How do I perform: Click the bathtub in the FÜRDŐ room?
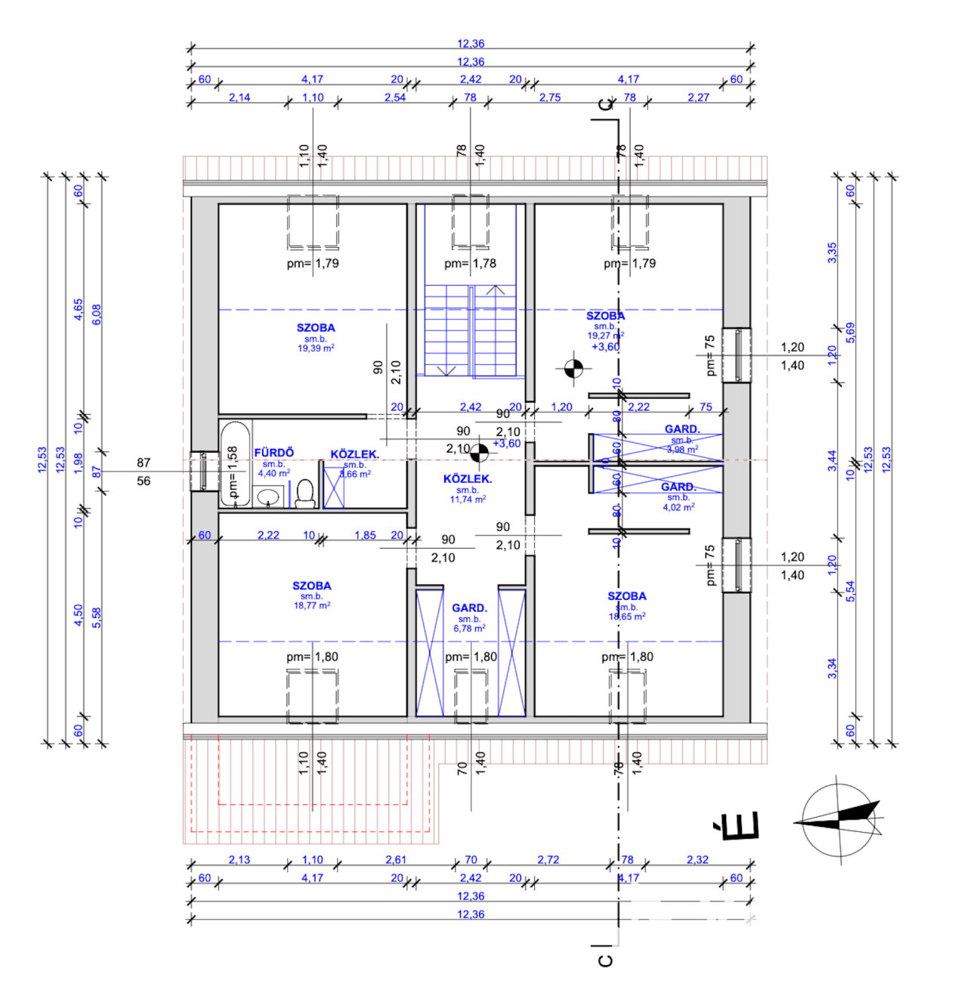(x=235, y=462)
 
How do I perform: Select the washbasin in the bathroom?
(x=268, y=497)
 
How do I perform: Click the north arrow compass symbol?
(x=838, y=819)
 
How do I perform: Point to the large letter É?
(x=737, y=826)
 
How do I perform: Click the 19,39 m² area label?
(x=316, y=348)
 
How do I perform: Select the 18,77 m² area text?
(x=312, y=606)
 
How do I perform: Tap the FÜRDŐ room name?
(x=274, y=453)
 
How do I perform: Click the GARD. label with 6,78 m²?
(x=469, y=608)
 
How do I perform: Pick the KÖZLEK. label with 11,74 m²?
(x=468, y=479)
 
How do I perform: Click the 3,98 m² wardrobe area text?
(x=682, y=450)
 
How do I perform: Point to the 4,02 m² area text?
(x=678, y=508)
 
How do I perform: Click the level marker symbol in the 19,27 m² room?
(x=573, y=369)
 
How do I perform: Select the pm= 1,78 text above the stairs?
(x=470, y=264)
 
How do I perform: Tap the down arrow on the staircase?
(x=446, y=371)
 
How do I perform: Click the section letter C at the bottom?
(x=605, y=960)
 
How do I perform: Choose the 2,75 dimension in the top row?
(x=550, y=97)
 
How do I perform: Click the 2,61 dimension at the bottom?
(x=396, y=860)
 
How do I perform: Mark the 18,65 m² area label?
(x=627, y=617)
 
